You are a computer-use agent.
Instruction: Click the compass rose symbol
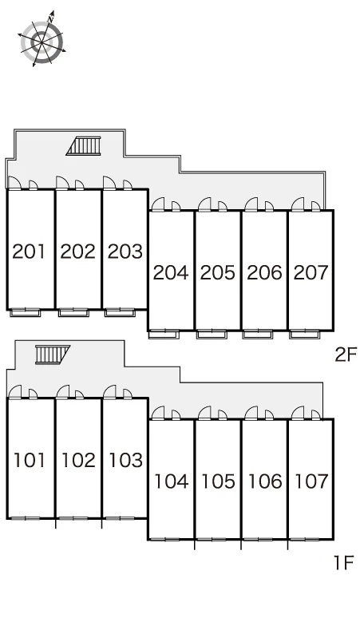(x=42, y=39)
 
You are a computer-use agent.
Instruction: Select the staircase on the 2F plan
(x=84, y=146)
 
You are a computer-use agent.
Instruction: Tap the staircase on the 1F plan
(x=53, y=355)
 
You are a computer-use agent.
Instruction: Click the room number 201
(x=29, y=252)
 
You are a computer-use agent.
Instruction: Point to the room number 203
(x=125, y=252)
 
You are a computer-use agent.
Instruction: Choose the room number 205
(x=217, y=272)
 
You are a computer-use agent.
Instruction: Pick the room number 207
(x=311, y=272)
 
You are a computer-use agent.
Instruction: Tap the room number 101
(x=30, y=460)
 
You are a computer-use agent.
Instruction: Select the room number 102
(x=78, y=460)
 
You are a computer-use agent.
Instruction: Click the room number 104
(x=171, y=481)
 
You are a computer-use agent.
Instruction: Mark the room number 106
(x=265, y=481)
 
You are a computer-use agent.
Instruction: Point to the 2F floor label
(x=346, y=355)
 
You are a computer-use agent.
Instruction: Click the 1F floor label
(x=344, y=562)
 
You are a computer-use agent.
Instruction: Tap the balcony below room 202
(x=73, y=313)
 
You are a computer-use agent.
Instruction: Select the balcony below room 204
(x=164, y=335)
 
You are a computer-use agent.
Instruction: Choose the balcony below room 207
(x=304, y=335)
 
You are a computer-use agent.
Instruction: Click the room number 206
(x=264, y=272)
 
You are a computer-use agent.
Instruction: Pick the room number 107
(x=311, y=481)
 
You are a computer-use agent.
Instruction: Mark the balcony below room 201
(x=26, y=313)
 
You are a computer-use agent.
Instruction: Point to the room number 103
(x=125, y=460)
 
